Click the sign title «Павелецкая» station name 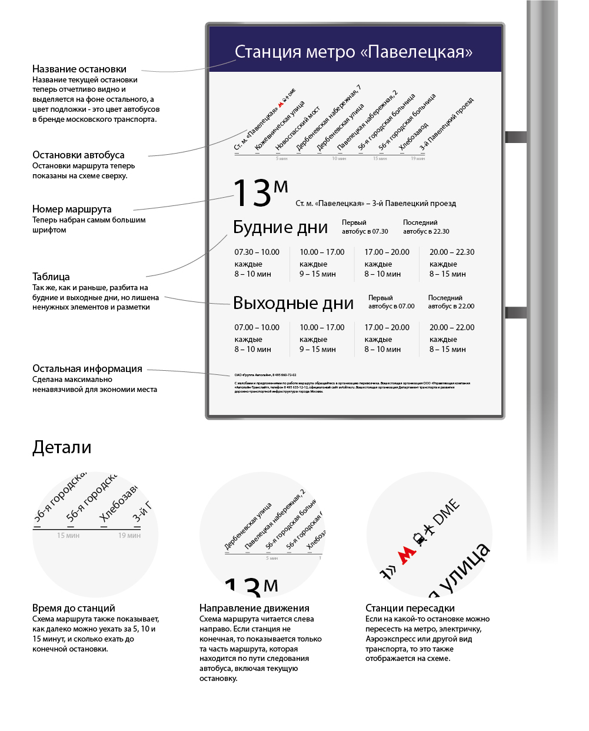point(353,52)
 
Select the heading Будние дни point(280,227)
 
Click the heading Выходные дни point(293,303)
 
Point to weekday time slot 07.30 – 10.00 point(257,252)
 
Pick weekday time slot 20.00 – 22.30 point(451,252)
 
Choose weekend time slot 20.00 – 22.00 point(451,327)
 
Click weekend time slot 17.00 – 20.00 point(387,327)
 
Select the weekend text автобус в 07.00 point(391,306)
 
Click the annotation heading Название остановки point(79,69)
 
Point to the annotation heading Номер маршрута point(72,209)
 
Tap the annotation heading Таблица point(51,277)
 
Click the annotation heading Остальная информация point(87,368)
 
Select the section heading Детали point(62,447)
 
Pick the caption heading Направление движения point(254,608)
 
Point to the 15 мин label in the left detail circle point(68,536)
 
